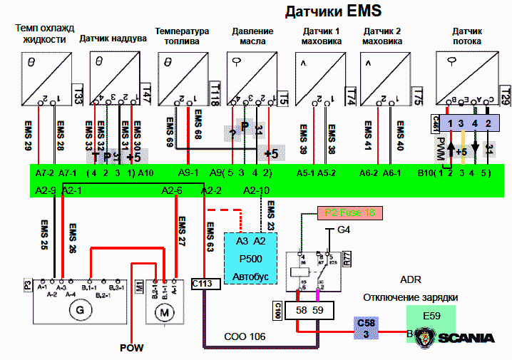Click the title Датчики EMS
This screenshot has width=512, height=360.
(x=334, y=11)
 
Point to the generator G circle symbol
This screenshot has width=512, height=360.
(x=78, y=311)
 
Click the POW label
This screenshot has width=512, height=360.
(x=131, y=348)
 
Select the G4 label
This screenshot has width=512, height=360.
(x=344, y=230)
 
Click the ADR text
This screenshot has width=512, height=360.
(x=411, y=280)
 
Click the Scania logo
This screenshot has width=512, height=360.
(x=457, y=337)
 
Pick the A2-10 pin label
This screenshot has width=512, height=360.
(x=256, y=190)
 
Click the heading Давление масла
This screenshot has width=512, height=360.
(x=252, y=36)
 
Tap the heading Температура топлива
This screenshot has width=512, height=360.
(x=183, y=36)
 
